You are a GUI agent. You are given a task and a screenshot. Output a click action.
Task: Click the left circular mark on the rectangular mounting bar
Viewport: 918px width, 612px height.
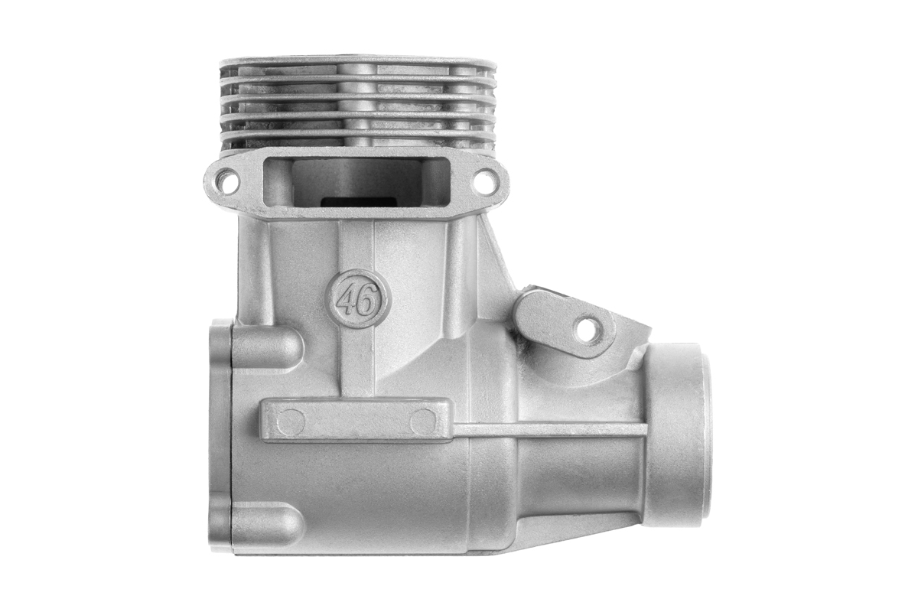pos(291,422)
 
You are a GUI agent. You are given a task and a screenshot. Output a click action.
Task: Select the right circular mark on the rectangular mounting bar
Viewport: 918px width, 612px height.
pos(423,422)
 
